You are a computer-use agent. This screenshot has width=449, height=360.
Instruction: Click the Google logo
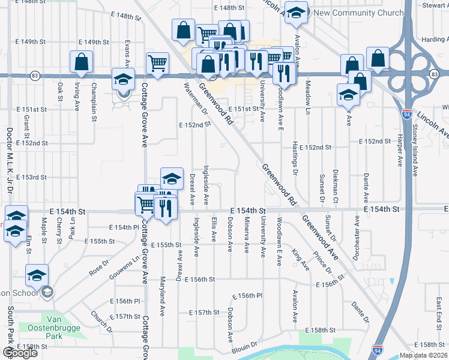[x=20, y=353]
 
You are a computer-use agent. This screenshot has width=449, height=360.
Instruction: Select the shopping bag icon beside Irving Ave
[x=81, y=62]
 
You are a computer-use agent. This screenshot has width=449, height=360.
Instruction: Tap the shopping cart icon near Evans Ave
[x=157, y=62]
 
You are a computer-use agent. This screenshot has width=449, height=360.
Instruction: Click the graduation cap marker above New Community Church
[x=296, y=13]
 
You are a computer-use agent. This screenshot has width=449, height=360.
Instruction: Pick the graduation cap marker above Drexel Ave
[x=172, y=178]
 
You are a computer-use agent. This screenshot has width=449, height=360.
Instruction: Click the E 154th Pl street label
[x=124, y=227]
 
